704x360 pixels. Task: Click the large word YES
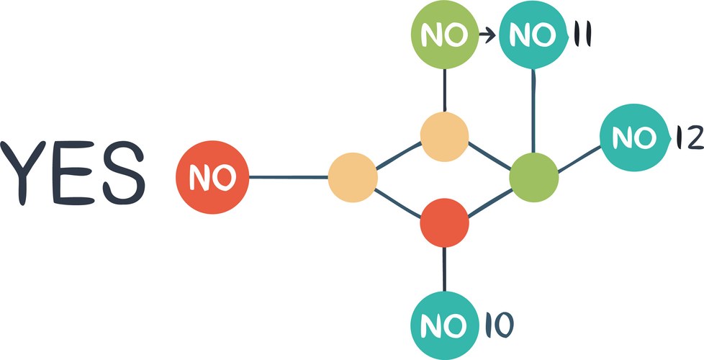coord(73,174)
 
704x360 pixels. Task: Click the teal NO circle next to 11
coord(533,35)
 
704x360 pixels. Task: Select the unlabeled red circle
coord(444,223)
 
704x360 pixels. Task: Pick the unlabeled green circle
coord(533,177)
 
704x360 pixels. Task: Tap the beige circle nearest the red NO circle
coord(353,177)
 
